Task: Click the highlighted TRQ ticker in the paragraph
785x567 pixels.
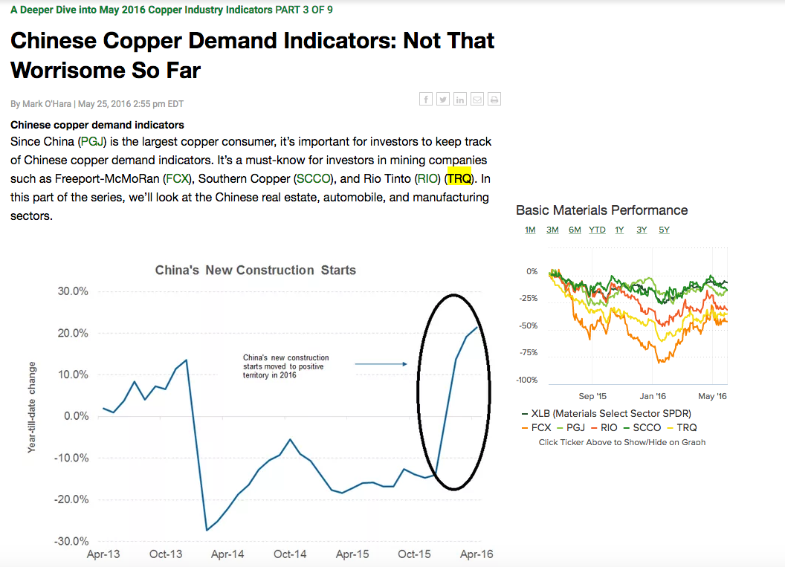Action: click(459, 178)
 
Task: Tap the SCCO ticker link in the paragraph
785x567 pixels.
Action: click(313, 178)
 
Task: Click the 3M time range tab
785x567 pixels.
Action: click(552, 230)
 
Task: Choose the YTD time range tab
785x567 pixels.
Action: click(597, 230)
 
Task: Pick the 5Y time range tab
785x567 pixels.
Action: click(664, 230)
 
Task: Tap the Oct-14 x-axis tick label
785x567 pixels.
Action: click(290, 554)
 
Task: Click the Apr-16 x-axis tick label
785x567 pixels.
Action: click(477, 554)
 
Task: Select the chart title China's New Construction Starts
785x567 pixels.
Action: click(255, 270)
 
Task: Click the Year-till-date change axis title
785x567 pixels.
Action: click(32, 407)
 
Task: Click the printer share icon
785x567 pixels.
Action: click(494, 99)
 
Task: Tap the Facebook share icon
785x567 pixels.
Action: click(426, 99)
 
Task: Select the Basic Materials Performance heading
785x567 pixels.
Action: click(601, 210)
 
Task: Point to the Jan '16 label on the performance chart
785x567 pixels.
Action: click(653, 396)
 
